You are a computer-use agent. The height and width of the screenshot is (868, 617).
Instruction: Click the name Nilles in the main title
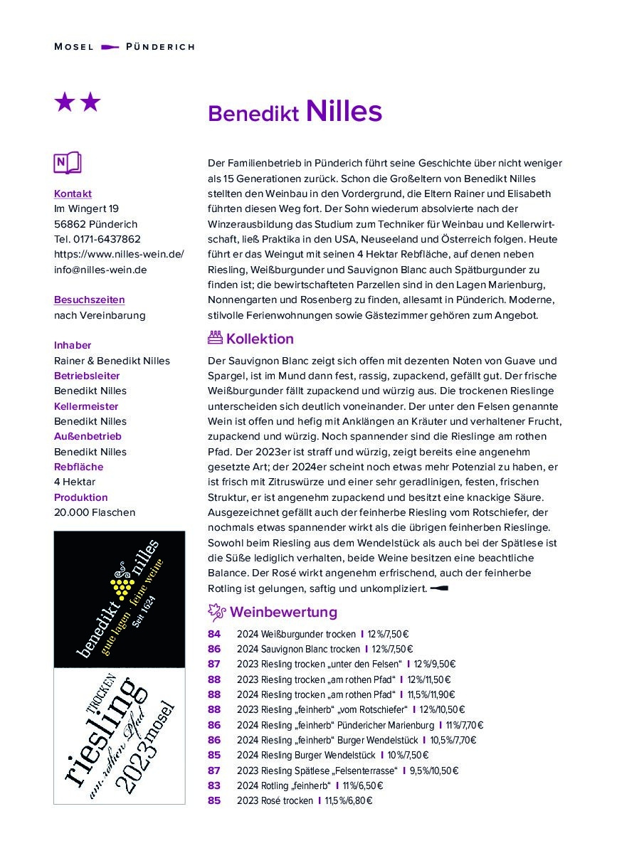[344, 112]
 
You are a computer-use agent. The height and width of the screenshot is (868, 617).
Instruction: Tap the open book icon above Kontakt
[68, 163]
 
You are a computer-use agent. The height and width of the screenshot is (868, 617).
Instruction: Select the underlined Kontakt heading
[73, 194]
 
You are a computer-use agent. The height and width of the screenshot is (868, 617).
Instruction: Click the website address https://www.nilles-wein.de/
[119, 254]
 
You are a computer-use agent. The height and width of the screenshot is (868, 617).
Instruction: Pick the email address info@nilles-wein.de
[100, 270]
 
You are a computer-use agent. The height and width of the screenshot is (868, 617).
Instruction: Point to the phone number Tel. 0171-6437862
[97, 239]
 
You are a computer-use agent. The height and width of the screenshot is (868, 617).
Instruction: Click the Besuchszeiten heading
[89, 300]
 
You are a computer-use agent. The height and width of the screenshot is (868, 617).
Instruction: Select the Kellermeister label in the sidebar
[86, 406]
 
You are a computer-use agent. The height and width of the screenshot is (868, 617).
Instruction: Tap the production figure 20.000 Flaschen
[95, 512]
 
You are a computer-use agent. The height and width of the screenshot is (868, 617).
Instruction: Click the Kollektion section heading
[260, 339]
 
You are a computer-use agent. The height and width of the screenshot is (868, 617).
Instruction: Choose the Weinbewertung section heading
[283, 612]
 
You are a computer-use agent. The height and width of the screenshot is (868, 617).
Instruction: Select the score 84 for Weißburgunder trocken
[214, 634]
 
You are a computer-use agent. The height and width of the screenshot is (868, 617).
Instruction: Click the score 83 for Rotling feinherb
[214, 785]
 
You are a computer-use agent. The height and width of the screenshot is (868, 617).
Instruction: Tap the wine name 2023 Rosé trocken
[275, 801]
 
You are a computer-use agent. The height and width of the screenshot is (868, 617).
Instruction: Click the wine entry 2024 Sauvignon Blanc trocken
[298, 649]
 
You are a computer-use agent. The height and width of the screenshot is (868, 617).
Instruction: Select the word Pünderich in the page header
[160, 47]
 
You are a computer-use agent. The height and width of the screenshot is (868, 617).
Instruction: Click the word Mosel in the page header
[74, 47]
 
